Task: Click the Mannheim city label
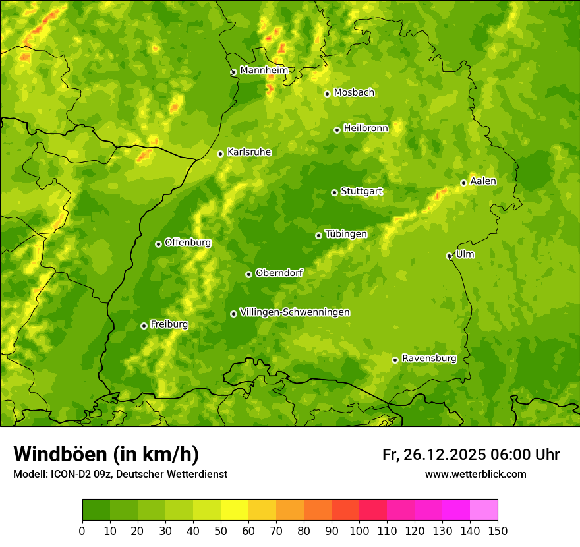264,71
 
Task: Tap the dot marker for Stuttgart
334,192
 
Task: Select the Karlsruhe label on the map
248,152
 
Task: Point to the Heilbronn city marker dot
337,130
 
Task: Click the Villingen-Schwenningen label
295,312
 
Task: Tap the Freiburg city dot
144,326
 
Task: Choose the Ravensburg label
428,359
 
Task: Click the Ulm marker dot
449,256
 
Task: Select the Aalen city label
483,181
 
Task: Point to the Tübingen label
345,234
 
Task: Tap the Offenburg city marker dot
158,244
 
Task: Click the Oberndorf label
279,273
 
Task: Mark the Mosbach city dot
327,94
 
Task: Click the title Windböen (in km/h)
106,454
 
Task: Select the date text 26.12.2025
443,455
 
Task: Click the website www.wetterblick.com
475,475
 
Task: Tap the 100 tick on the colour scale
359,531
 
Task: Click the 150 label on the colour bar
497,531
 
